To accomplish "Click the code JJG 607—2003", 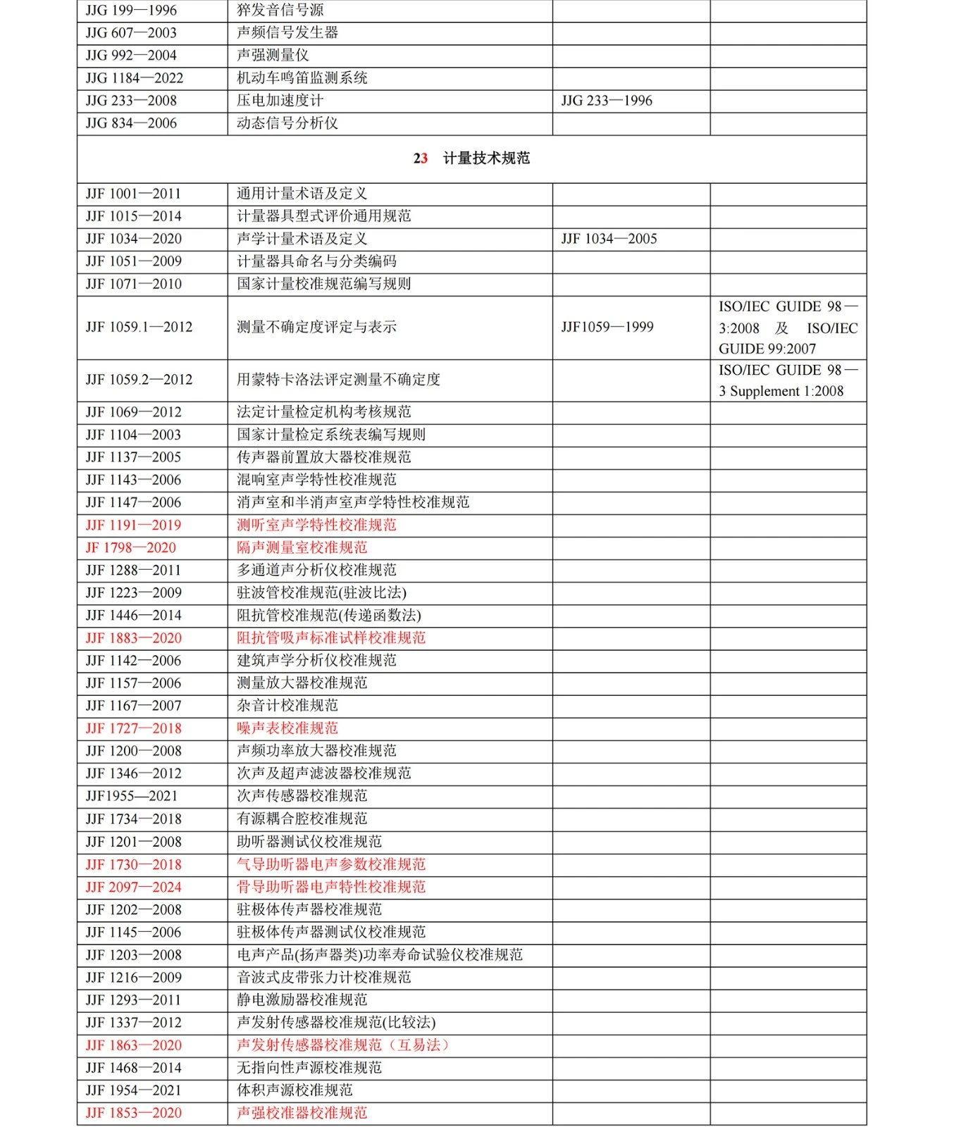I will pos(131,33).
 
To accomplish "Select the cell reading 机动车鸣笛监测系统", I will pos(302,78).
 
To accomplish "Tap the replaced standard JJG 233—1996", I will pos(607,101).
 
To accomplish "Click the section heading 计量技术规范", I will pos(486,158).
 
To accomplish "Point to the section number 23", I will pos(421,158).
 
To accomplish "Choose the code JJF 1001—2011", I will pos(133,194).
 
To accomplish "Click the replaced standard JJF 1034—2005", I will pos(609,239).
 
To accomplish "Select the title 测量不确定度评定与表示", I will pos(316,327).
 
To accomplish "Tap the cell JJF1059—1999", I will pos(607,327).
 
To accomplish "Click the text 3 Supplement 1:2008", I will pos(781,392).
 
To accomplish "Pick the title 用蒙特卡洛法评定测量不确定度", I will pos(338,380).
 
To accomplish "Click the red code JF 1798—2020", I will pos(131,548).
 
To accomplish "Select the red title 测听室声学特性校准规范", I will pos(316,525).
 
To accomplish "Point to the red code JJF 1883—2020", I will pos(134,638).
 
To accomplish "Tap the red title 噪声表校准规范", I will pos(287,728).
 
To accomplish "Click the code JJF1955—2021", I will pos(132,796).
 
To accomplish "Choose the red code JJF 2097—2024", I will pos(134,887).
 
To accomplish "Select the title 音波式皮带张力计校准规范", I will pos(323,977).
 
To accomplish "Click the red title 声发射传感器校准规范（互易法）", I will pos(342,1045).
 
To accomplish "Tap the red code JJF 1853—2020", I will pos(134,1113).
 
